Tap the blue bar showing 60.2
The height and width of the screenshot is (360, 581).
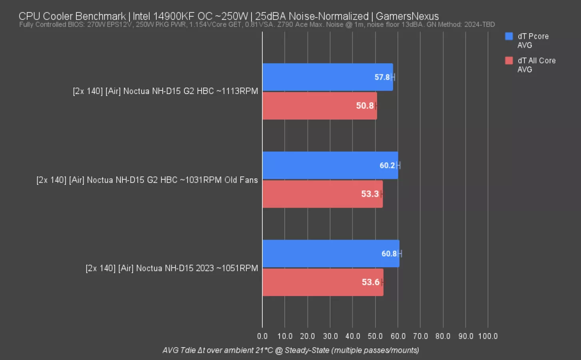pos(320,165)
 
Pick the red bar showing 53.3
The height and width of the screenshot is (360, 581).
pos(312,194)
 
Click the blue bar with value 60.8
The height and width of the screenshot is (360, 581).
pos(320,254)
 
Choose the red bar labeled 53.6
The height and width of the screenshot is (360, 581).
pos(312,282)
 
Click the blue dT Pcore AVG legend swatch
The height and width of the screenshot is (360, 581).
pos(509,36)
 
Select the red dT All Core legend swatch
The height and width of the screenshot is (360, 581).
pos(509,61)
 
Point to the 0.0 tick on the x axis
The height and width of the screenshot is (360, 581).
pos(262,336)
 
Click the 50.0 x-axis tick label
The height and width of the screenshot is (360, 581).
pos(375,336)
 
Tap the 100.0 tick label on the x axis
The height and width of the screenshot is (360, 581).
pos(488,336)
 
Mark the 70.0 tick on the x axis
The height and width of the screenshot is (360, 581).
pos(420,336)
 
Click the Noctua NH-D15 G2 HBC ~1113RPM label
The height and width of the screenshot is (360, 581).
pos(165,91)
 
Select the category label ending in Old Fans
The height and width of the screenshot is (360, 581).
pos(147,180)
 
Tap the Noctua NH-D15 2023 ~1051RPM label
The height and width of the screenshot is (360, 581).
pos(172,268)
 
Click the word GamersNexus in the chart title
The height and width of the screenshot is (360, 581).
pos(407,16)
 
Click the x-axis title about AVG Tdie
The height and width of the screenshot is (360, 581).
pos(291,350)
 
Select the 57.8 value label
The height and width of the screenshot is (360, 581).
pos(382,77)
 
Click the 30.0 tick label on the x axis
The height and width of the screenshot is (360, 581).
pos(330,336)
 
